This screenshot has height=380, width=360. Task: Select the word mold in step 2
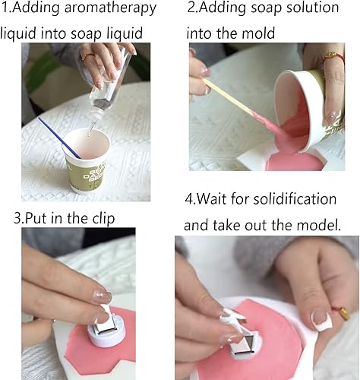point(254,33)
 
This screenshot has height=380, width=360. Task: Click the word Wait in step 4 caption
point(216,199)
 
